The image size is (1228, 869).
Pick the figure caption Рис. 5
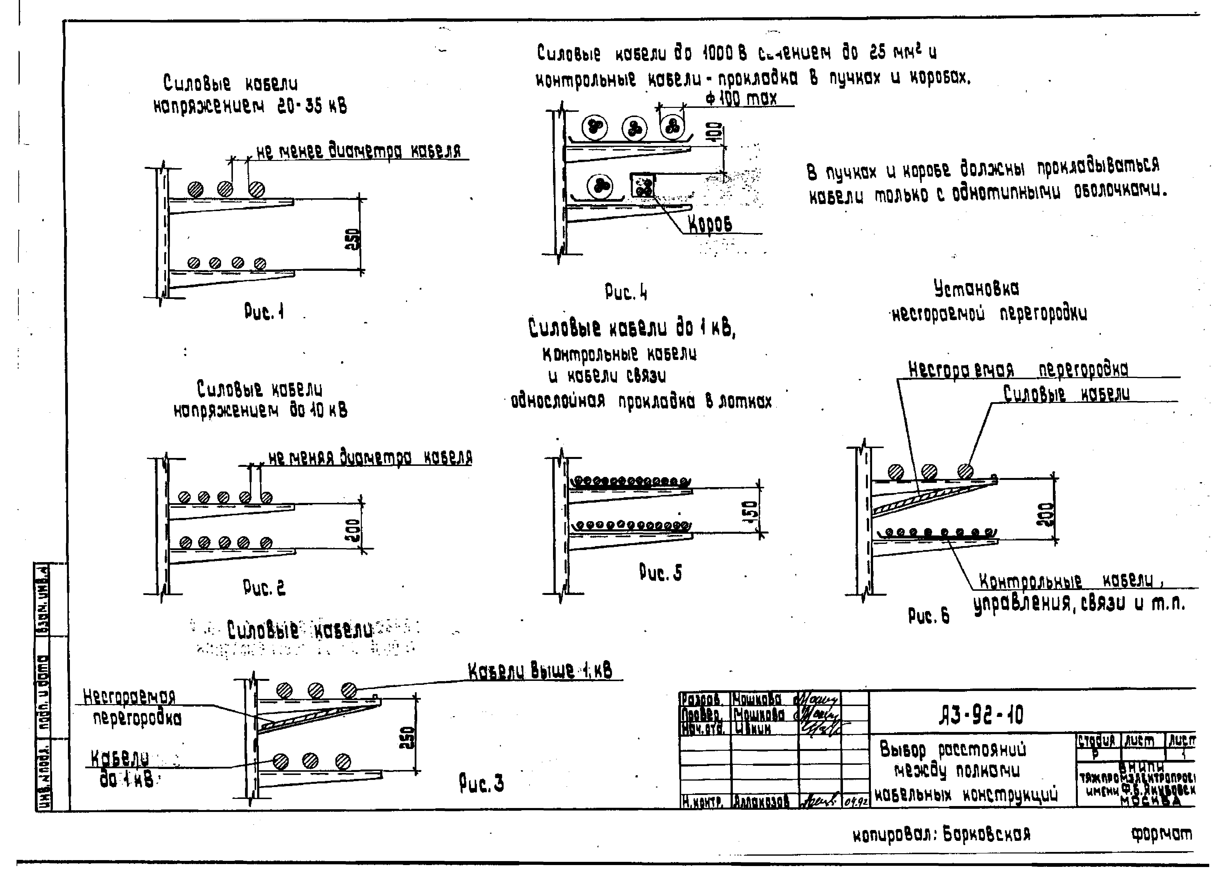(x=661, y=573)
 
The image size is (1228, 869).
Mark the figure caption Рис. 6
(x=929, y=616)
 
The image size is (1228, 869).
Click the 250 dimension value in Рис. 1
(x=353, y=239)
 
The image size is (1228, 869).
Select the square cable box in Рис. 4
(x=643, y=186)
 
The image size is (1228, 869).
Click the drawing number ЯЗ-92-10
(x=980, y=715)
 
